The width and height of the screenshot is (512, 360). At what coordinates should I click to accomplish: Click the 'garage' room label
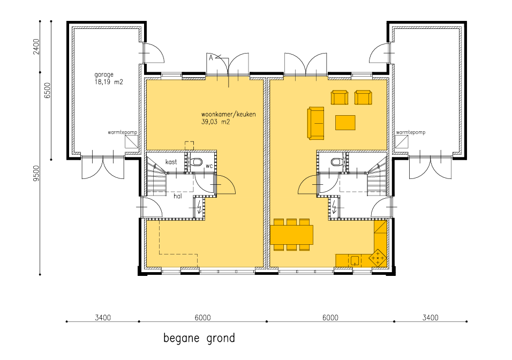[x=104, y=75]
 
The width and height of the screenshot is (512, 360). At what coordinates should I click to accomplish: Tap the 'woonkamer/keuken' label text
[x=228, y=114]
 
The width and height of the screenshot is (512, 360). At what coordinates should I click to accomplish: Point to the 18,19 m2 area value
[x=109, y=82]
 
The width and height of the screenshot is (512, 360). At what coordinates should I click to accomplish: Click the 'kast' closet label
[x=171, y=162]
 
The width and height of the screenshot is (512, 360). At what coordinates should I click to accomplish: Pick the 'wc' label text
[x=209, y=166]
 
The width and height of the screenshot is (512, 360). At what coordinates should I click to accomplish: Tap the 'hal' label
[x=178, y=196]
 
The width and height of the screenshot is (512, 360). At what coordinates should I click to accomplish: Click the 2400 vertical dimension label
[x=36, y=47]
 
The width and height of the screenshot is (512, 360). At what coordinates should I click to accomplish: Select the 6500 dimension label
[x=47, y=91]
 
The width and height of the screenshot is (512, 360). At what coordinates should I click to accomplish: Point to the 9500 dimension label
[x=36, y=174]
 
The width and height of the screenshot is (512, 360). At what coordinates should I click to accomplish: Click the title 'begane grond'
[x=199, y=338]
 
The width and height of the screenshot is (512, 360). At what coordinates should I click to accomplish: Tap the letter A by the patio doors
[x=210, y=58]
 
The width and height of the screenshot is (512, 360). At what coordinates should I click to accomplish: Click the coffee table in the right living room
[x=345, y=123]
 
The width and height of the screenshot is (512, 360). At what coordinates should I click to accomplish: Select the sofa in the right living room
[x=315, y=123]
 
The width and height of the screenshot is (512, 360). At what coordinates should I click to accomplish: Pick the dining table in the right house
[x=291, y=235]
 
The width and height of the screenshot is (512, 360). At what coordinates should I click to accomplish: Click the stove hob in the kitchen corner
[x=378, y=258]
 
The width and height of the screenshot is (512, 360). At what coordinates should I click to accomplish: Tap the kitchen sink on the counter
[x=355, y=261]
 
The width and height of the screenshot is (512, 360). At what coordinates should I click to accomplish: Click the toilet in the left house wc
[x=197, y=162]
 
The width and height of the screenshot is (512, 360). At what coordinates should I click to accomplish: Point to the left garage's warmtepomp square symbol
[x=132, y=142]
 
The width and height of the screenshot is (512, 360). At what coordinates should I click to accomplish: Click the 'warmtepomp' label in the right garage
[x=410, y=132]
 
